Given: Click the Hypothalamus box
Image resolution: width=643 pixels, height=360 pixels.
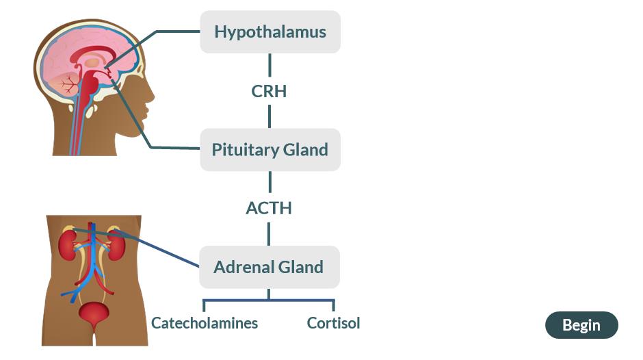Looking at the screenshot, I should [x=270, y=32].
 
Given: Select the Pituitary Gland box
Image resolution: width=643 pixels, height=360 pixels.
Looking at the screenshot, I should [x=270, y=150].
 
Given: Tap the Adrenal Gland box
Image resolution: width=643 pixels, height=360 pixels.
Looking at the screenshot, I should [x=269, y=267].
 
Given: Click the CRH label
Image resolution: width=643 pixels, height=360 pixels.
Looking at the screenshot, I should [x=269, y=91].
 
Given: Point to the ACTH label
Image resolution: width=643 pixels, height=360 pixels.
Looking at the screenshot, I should [x=269, y=208].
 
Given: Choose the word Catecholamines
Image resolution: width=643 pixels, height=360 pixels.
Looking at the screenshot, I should [x=205, y=323].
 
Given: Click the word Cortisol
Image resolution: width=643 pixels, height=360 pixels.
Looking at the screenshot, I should [x=333, y=323].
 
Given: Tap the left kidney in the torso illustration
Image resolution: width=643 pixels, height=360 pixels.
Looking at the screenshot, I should [x=67, y=245].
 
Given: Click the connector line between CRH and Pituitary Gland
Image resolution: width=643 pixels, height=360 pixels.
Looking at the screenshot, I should [x=270, y=116].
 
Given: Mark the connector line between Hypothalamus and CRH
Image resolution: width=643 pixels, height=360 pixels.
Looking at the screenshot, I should [x=270, y=65].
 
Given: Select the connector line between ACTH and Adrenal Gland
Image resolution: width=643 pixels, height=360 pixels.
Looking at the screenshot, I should [x=269, y=233].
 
